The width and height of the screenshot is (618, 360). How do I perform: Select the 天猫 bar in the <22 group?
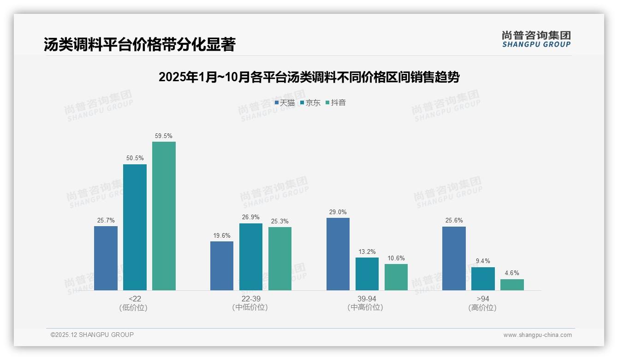(106, 258)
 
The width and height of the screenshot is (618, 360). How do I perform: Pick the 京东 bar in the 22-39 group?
(250, 257)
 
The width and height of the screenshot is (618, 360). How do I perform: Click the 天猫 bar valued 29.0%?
(338, 254)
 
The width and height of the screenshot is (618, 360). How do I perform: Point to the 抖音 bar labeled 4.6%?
(512, 285)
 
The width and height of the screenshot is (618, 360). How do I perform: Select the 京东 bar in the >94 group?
(483, 279)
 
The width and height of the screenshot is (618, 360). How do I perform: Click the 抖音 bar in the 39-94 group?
(396, 277)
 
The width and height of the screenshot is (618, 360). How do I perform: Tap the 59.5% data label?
(164, 136)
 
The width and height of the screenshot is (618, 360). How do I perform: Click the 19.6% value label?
(222, 236)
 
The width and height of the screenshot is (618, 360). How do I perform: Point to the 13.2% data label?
(367, 252)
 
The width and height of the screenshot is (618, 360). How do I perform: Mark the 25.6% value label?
(454, 221)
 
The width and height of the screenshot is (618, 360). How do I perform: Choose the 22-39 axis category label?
(250, 299)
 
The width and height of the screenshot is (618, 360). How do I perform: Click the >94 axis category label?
(483, 299)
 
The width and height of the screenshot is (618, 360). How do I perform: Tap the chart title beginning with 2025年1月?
(309, 77)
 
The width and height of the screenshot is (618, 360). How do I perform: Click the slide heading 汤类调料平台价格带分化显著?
(139, 45)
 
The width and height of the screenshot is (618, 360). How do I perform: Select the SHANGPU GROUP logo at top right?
(536, 39)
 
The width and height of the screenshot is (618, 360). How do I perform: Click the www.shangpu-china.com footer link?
(537, 335)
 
